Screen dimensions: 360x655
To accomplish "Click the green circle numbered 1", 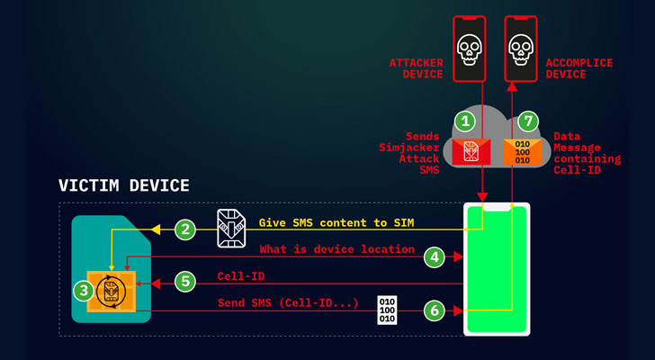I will [x=465, y=120].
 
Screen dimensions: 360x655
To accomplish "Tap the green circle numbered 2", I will [x=185, y=229].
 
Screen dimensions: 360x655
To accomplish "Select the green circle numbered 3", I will [x=82, y=291].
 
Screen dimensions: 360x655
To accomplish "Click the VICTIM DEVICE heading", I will [x=124, y=186].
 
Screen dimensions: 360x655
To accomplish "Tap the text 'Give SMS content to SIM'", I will [x=335, y=222].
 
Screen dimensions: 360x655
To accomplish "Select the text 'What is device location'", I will [x=336, y=249].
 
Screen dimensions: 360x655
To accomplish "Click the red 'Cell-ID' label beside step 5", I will [x=240, y=276].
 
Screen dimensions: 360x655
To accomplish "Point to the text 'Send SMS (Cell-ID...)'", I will [x=289, y=303].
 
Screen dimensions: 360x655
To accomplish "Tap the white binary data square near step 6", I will [x=386, y=310].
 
